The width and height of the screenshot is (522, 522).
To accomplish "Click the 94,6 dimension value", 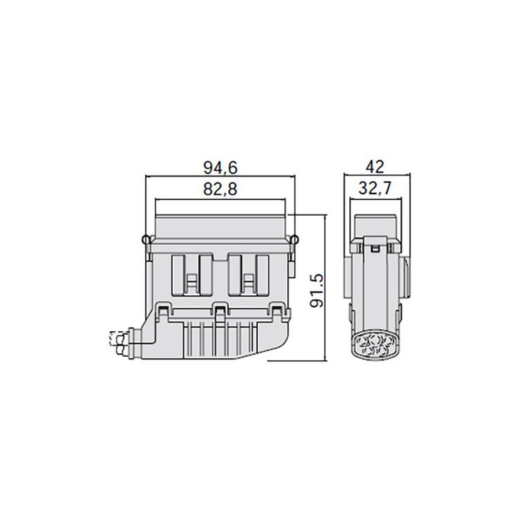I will (221, 167).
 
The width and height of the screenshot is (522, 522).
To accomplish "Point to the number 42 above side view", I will (376, 167).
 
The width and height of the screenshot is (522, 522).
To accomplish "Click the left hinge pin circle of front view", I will (145, 240).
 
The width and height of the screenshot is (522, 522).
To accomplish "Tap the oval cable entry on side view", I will (373, 345).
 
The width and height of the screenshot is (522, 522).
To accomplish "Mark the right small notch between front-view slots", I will (248, 281).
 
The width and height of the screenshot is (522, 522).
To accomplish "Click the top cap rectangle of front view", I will (221, 226).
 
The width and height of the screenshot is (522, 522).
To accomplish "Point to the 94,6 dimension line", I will (221, 177).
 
